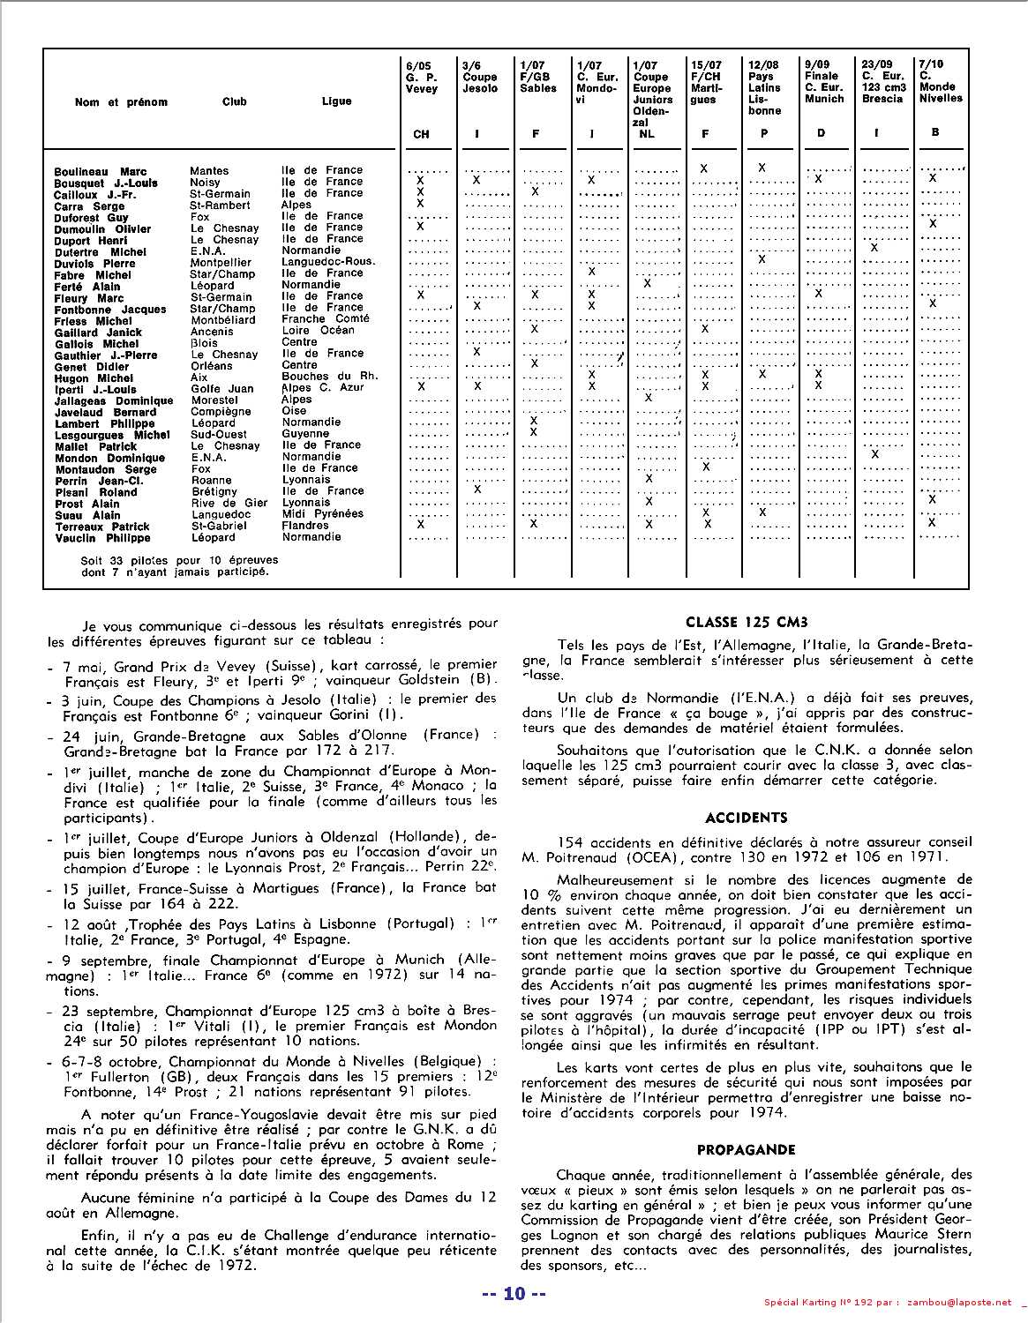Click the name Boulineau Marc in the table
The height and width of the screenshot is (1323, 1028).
point(100,171)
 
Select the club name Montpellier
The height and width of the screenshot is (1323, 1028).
point(221,263)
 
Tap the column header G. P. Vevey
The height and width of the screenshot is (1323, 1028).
point(421,77)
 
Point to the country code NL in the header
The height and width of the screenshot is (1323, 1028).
point(647,134)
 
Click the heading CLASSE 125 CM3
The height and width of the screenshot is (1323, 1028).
point(747,620)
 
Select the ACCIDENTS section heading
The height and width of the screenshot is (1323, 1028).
point(747,818)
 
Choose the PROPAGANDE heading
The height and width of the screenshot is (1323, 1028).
point(747,1150)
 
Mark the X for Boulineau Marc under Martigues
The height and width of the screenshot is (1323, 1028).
point(704,168)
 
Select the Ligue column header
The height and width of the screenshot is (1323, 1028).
point(336,101)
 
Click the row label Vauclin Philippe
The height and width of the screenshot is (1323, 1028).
point(102,538)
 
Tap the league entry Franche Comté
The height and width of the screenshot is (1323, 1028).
point(326,319)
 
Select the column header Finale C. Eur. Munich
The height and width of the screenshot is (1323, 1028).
point(824,82)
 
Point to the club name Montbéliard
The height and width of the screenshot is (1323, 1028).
point(222,320)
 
